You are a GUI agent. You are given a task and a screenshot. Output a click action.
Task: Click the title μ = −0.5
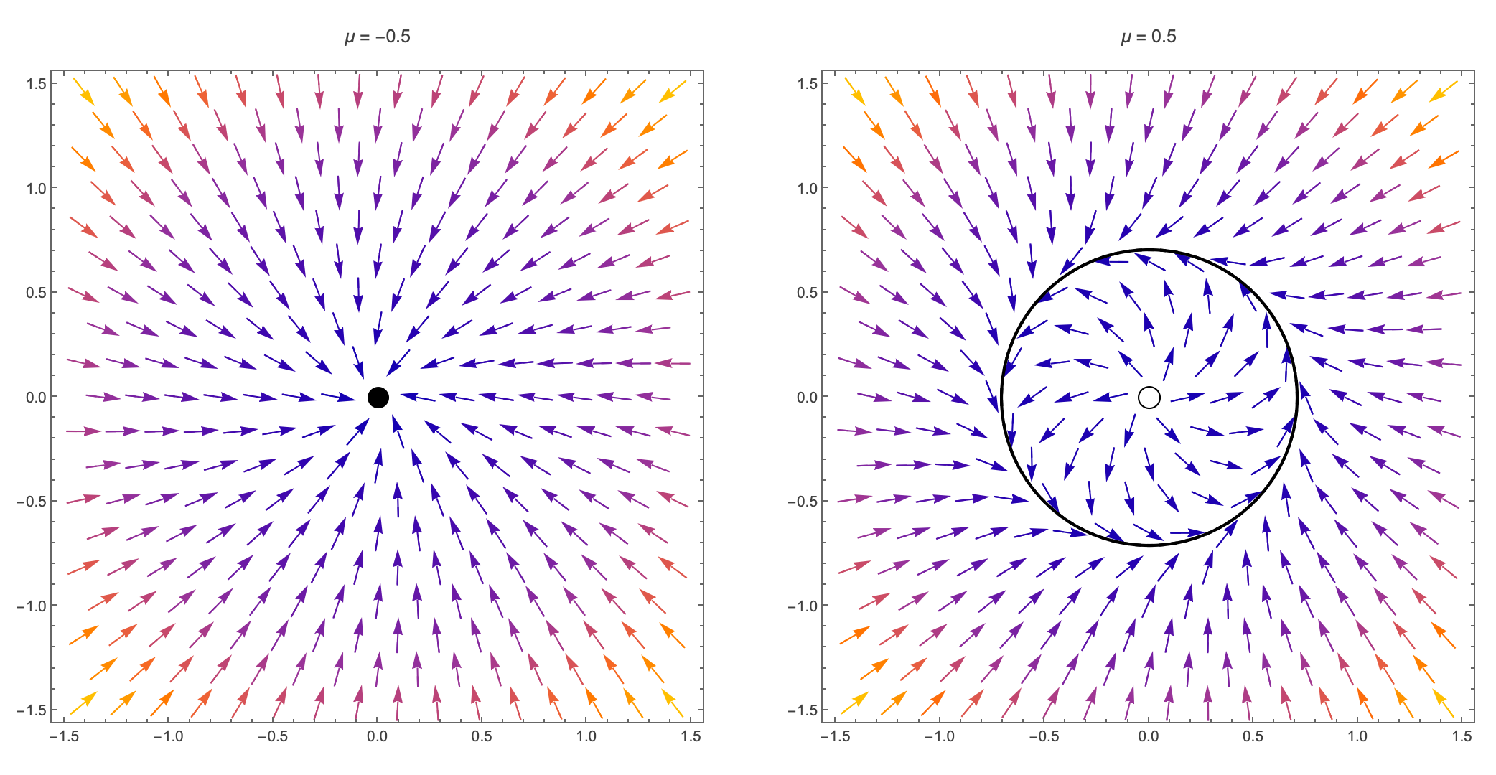pos(378,37)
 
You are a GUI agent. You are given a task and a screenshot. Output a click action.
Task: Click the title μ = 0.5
pos(1149,37)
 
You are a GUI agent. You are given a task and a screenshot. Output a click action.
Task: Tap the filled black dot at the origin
pos(378,397)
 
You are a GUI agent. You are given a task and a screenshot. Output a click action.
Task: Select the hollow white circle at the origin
pos(1149,397)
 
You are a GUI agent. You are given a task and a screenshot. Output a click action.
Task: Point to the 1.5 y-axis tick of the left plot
pos(37,84)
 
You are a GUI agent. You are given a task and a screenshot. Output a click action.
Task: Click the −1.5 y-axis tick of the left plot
pos(32,710)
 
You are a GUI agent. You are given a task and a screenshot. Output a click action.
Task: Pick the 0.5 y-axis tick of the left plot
pos(37,293)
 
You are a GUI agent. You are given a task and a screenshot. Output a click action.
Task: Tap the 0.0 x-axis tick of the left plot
pos(378,736)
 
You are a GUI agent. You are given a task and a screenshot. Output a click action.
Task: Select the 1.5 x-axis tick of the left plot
pos(691,736)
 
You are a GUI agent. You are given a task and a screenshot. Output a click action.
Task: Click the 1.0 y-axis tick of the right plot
pos(808,188)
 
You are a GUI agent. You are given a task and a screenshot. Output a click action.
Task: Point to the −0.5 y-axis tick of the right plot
pos(803,502)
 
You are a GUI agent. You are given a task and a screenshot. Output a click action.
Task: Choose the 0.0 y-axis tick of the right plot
pos(808,397)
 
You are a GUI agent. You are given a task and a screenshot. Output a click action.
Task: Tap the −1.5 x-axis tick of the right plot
pos(835,736)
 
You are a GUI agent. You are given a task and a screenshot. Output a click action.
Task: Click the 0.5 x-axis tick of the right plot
pos(1253,736)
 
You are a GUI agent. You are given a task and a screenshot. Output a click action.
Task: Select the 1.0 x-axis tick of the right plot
pos(1357,736)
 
